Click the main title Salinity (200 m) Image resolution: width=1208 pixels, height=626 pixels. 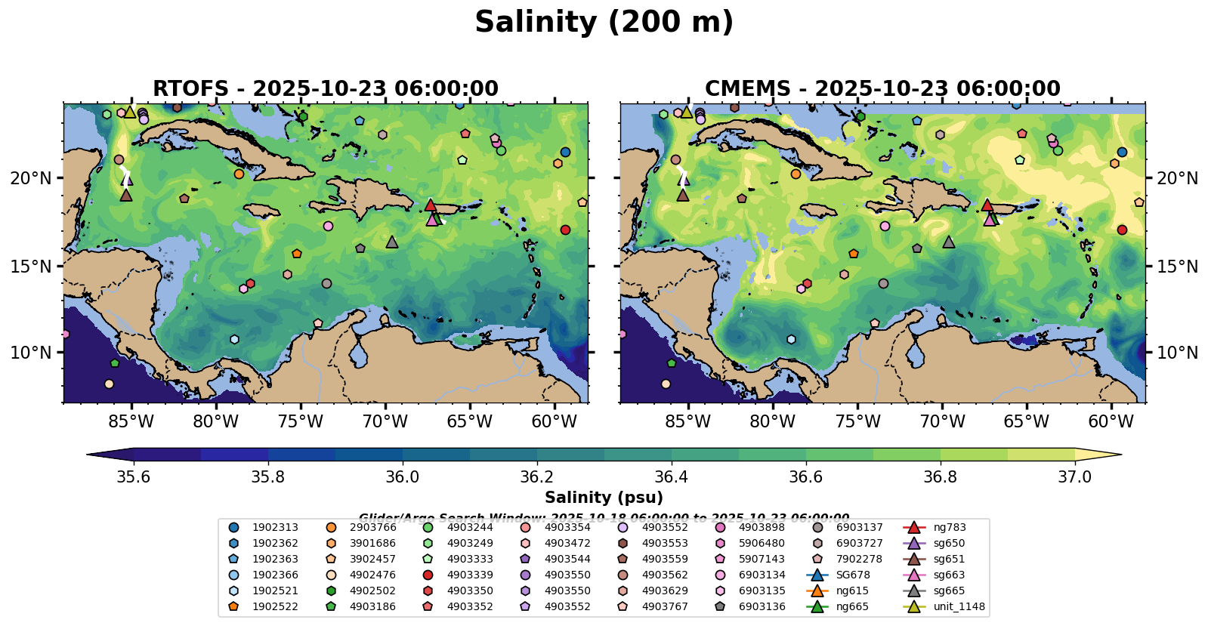[x=604, y=23]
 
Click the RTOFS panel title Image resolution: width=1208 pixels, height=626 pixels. [x=326, y=89]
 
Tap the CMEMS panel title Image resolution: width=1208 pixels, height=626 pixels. [x=882, y=89]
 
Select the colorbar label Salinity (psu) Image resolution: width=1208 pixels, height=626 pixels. [x=604, y=498]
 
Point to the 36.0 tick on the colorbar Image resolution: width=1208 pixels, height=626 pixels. [x=402, y=477]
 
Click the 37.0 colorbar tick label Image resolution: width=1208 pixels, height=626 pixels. [x=1074, y=477]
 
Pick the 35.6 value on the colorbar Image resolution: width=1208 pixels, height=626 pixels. [x=134, y=477]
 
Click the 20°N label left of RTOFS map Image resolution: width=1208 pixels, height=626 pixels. [x=31, y=179]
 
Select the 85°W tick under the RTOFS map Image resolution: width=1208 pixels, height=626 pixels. [x=131, y=422]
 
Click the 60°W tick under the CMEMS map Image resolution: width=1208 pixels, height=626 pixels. [x=1111, y=422]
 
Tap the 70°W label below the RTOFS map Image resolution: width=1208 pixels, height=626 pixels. [x=385, y=422]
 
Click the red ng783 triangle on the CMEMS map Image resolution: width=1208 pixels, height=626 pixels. [x=987, y=205]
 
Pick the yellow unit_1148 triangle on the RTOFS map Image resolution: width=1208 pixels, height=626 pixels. [x=130, y=112]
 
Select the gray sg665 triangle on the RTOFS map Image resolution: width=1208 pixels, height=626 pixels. [x=391, y=242]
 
